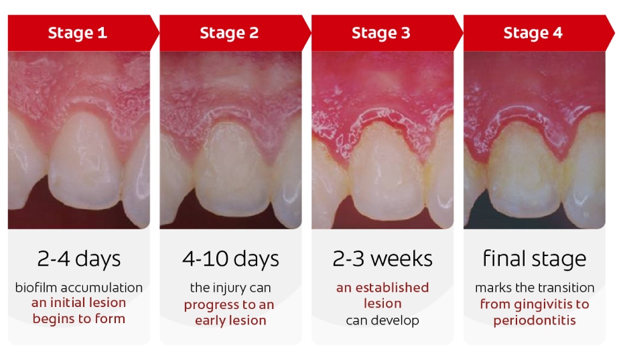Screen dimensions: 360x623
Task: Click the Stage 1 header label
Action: coord(77,33)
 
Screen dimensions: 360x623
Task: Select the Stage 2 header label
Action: coord(229,33)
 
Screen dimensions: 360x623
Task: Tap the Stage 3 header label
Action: coord(381,33)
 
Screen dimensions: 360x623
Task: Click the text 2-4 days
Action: coord(79,259)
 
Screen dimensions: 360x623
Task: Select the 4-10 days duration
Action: coord(230,259)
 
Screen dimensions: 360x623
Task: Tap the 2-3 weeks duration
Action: coord(383,259)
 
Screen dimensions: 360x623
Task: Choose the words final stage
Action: coord(534,259)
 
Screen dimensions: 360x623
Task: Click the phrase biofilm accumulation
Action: coord(79,288)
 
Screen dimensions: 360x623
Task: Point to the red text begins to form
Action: coord(79,318)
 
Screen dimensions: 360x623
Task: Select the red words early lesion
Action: coord(230,320)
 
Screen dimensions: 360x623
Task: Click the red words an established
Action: coord(383,288)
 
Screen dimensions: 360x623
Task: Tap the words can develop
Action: coord(383,320)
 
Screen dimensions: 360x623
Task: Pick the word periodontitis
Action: coord(534,320)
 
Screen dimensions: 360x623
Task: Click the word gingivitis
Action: coord(541,304)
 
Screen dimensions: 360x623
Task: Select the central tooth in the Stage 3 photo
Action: coord(382,174)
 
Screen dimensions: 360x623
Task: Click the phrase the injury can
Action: coord(230,288)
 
